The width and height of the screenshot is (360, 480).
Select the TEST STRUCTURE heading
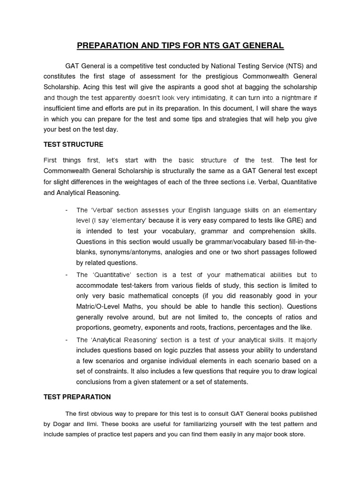click(74, 144)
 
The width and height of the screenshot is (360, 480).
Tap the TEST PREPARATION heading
click(77, 397)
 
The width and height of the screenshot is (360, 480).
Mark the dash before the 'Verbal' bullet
click(67, 209)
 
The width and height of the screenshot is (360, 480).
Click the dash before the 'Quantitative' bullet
click(67, 275)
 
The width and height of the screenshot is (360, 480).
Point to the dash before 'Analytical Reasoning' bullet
click(67, 340)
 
